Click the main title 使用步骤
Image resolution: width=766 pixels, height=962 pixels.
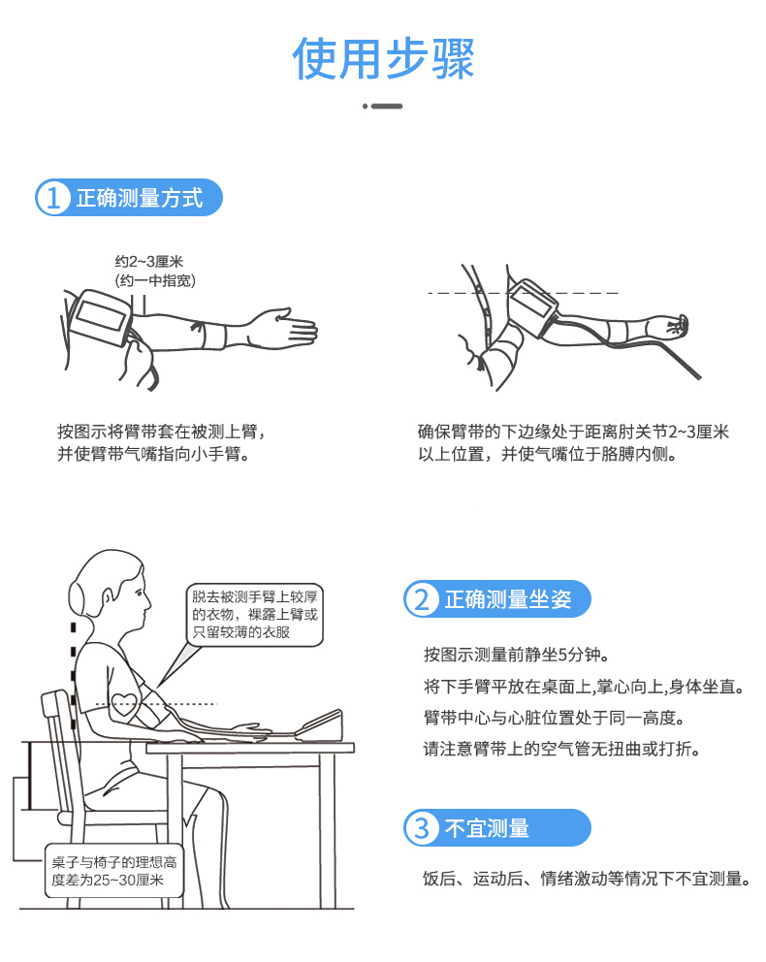coord(383,59)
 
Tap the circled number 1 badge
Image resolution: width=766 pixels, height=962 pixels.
coord(53,198)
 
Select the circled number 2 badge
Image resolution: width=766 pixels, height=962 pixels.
coord(422,598)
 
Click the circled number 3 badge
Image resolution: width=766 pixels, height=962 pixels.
coord(422,828)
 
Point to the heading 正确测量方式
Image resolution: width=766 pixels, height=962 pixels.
coord(140,198)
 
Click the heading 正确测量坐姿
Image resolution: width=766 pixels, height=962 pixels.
coord(508,599)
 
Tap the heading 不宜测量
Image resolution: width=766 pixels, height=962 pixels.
coord(487,829)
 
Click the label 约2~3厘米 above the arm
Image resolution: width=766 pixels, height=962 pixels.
coord(149,262)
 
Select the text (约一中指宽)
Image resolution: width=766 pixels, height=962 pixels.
coord(155,281)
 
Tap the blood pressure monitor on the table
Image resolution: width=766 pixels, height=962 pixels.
coord(319,724)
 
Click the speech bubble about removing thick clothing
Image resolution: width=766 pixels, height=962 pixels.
coord(254,615)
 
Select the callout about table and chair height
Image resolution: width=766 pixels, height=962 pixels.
coord(114,871)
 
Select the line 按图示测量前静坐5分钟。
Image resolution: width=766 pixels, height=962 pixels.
coord(517,655)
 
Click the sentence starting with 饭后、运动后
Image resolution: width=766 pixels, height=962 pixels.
coord(588,879)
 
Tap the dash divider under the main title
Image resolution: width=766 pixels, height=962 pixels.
coord(383,106)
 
